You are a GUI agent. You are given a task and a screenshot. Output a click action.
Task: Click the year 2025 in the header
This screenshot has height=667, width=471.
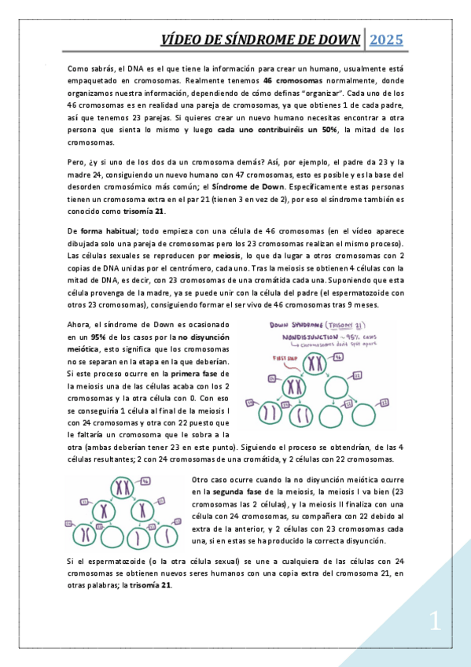[386, 39]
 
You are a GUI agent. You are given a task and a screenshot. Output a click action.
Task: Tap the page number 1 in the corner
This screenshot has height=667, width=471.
[436, 624]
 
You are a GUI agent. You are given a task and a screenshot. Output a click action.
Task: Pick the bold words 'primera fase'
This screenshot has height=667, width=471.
[197, 374]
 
